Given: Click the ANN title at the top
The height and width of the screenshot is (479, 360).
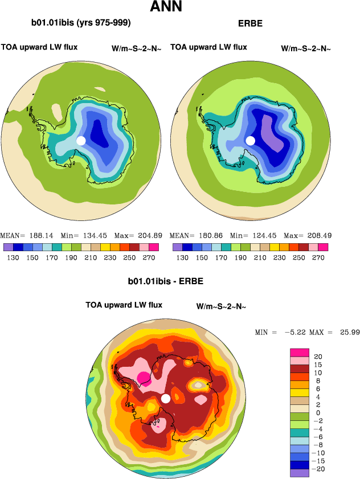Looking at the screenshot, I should [166, 7].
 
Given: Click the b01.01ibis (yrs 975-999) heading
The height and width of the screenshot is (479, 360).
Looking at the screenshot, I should [81, 23].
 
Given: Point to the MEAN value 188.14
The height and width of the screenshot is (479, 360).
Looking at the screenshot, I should [40, 235].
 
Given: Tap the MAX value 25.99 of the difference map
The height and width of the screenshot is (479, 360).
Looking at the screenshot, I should [347, 332].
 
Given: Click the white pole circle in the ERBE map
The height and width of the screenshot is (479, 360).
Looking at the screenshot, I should [250, 140].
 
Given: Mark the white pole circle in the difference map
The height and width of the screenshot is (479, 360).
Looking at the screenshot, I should [166, 398].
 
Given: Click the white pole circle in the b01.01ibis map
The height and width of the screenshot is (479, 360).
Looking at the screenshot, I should [81, 140].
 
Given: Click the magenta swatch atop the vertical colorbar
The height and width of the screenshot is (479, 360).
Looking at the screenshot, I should [299, 352].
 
